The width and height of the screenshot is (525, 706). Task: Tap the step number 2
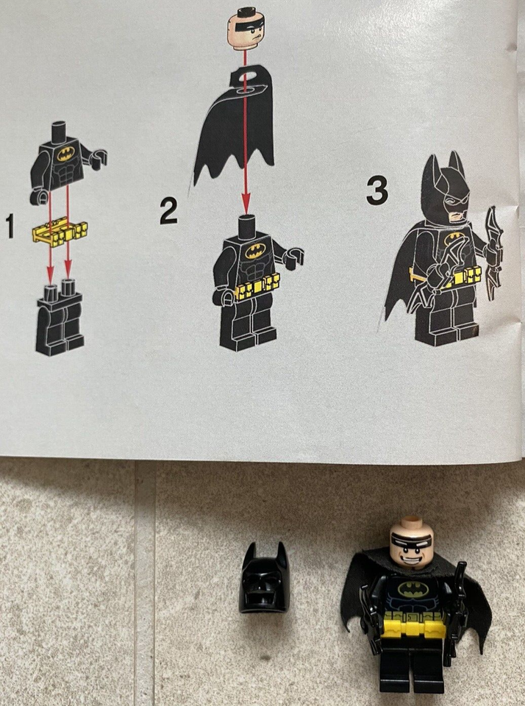pos(169,212)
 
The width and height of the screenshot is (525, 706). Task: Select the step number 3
pos(376,192)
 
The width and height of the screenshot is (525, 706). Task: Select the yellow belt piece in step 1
pos(60,233)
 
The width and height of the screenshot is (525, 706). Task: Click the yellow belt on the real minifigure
pos(412,627)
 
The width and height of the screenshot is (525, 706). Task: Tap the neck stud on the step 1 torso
pos(60,129)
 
